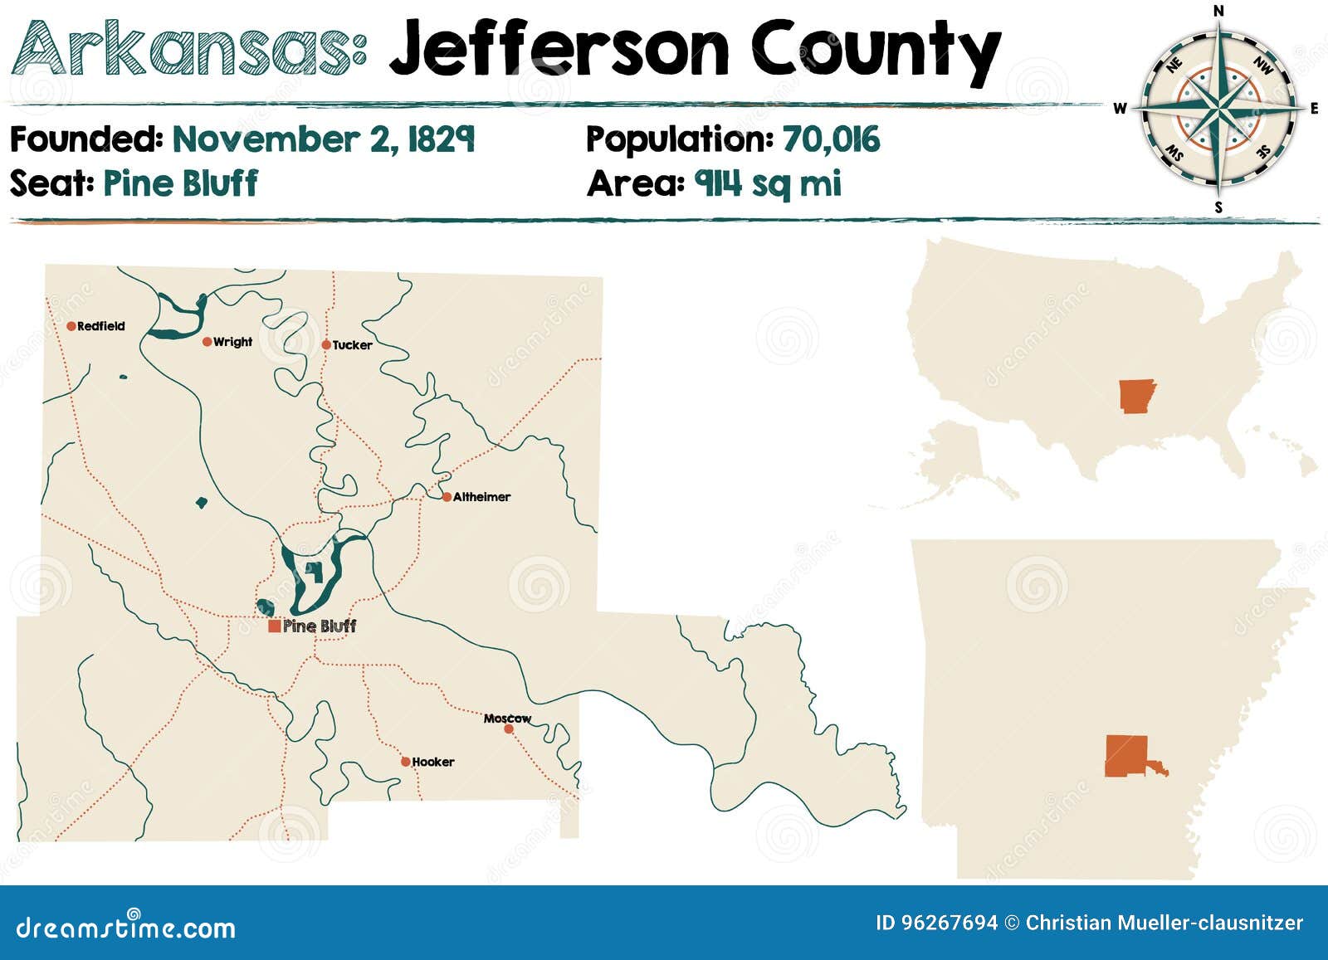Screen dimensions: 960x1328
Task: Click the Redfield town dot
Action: pos(71,326)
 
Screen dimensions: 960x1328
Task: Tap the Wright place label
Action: pos(232,342)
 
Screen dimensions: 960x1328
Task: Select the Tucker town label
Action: pos(352,345)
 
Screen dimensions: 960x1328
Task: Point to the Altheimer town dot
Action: pos(447,497)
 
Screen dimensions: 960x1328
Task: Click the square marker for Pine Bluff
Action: pos(274,626)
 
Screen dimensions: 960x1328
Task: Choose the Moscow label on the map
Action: pos(507,719)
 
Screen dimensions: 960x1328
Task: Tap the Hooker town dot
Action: pos(405,762)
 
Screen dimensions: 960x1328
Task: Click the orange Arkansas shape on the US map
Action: pos(1135,396)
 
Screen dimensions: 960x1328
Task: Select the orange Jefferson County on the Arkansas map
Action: pos(1127,756)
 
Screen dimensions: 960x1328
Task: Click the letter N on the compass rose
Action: pos(1218,11)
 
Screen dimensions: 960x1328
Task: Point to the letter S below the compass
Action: pos(1218,207)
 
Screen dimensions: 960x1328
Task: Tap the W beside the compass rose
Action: pos(1120,108)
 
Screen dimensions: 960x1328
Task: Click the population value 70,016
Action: pos(831,139)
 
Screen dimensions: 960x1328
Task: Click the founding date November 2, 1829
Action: pos(323,139)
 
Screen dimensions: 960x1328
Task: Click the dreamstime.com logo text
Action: pos(126,927)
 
